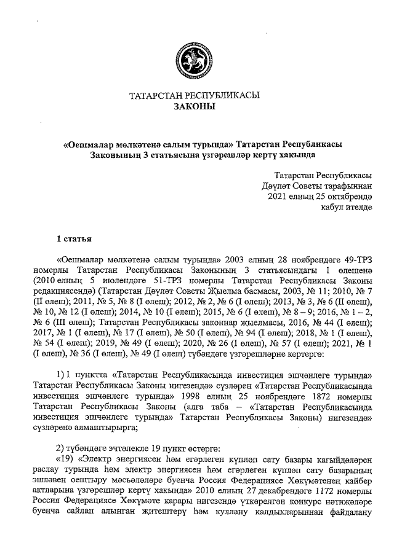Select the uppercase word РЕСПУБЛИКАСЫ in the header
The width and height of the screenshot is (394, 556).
coord(223,96)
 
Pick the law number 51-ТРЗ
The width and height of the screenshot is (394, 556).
coord(174,280)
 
